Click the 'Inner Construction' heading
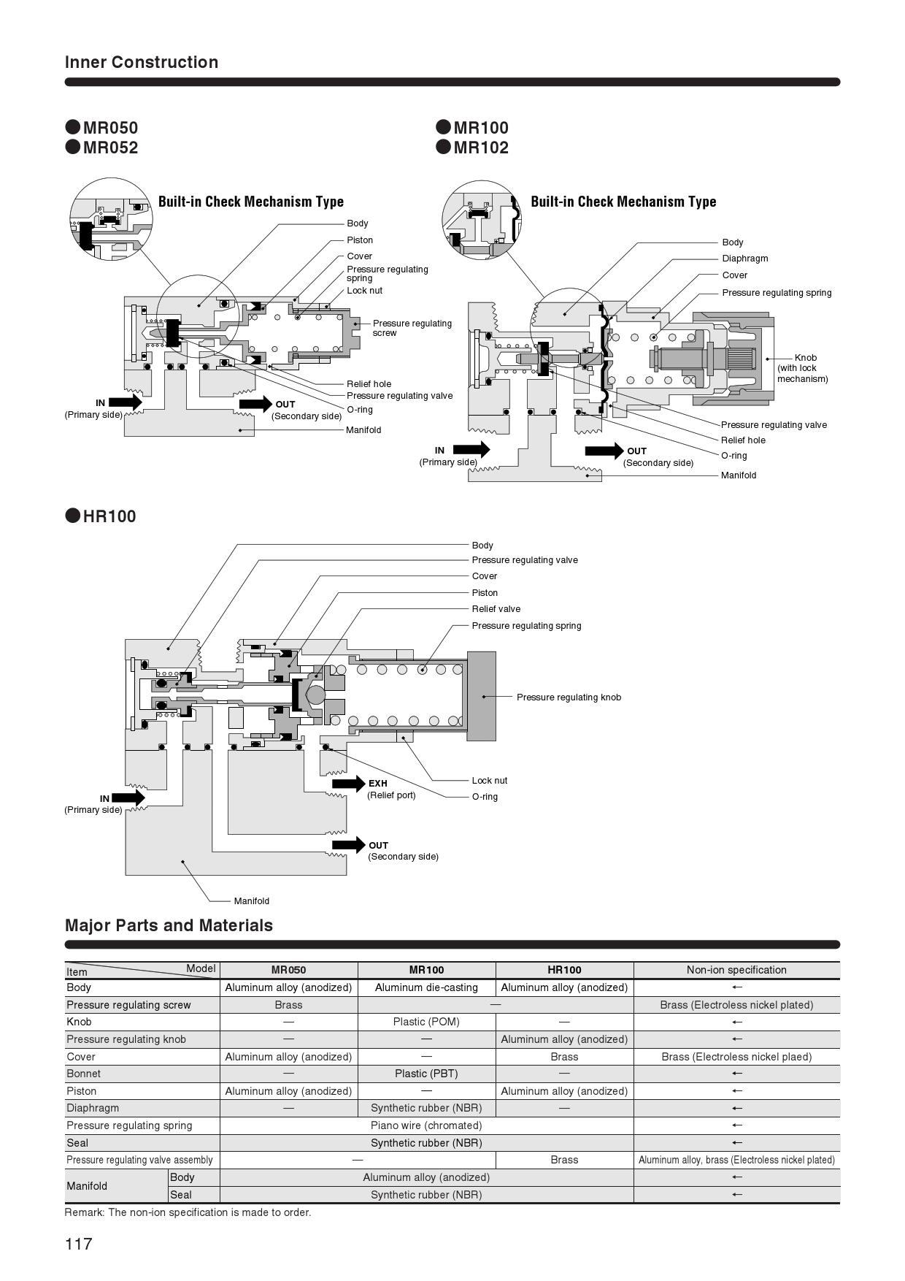click(142, 62)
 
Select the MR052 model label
click(110, 148)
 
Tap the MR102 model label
click(481, 148)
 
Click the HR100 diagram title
click(109, 516)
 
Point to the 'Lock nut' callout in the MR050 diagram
click(364, 291)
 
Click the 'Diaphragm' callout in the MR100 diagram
click(745, 259)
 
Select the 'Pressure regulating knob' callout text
click(569, 697)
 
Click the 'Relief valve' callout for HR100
click(496, 609)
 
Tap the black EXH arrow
click(348, 784)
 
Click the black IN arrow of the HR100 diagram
click(129, 798)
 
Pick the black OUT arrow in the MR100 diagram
click(605, 451)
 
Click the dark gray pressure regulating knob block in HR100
click(481, 696)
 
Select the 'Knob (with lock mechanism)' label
click(803, 368)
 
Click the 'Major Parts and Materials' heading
click(169, 925)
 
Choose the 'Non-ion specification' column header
click(736, 970)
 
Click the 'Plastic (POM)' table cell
click(426, 1022)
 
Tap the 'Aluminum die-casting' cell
click(426, 987)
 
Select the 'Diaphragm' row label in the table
click(93, 1108)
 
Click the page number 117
click(79, 1244)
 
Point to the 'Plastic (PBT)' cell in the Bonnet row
click(426, 1074)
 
